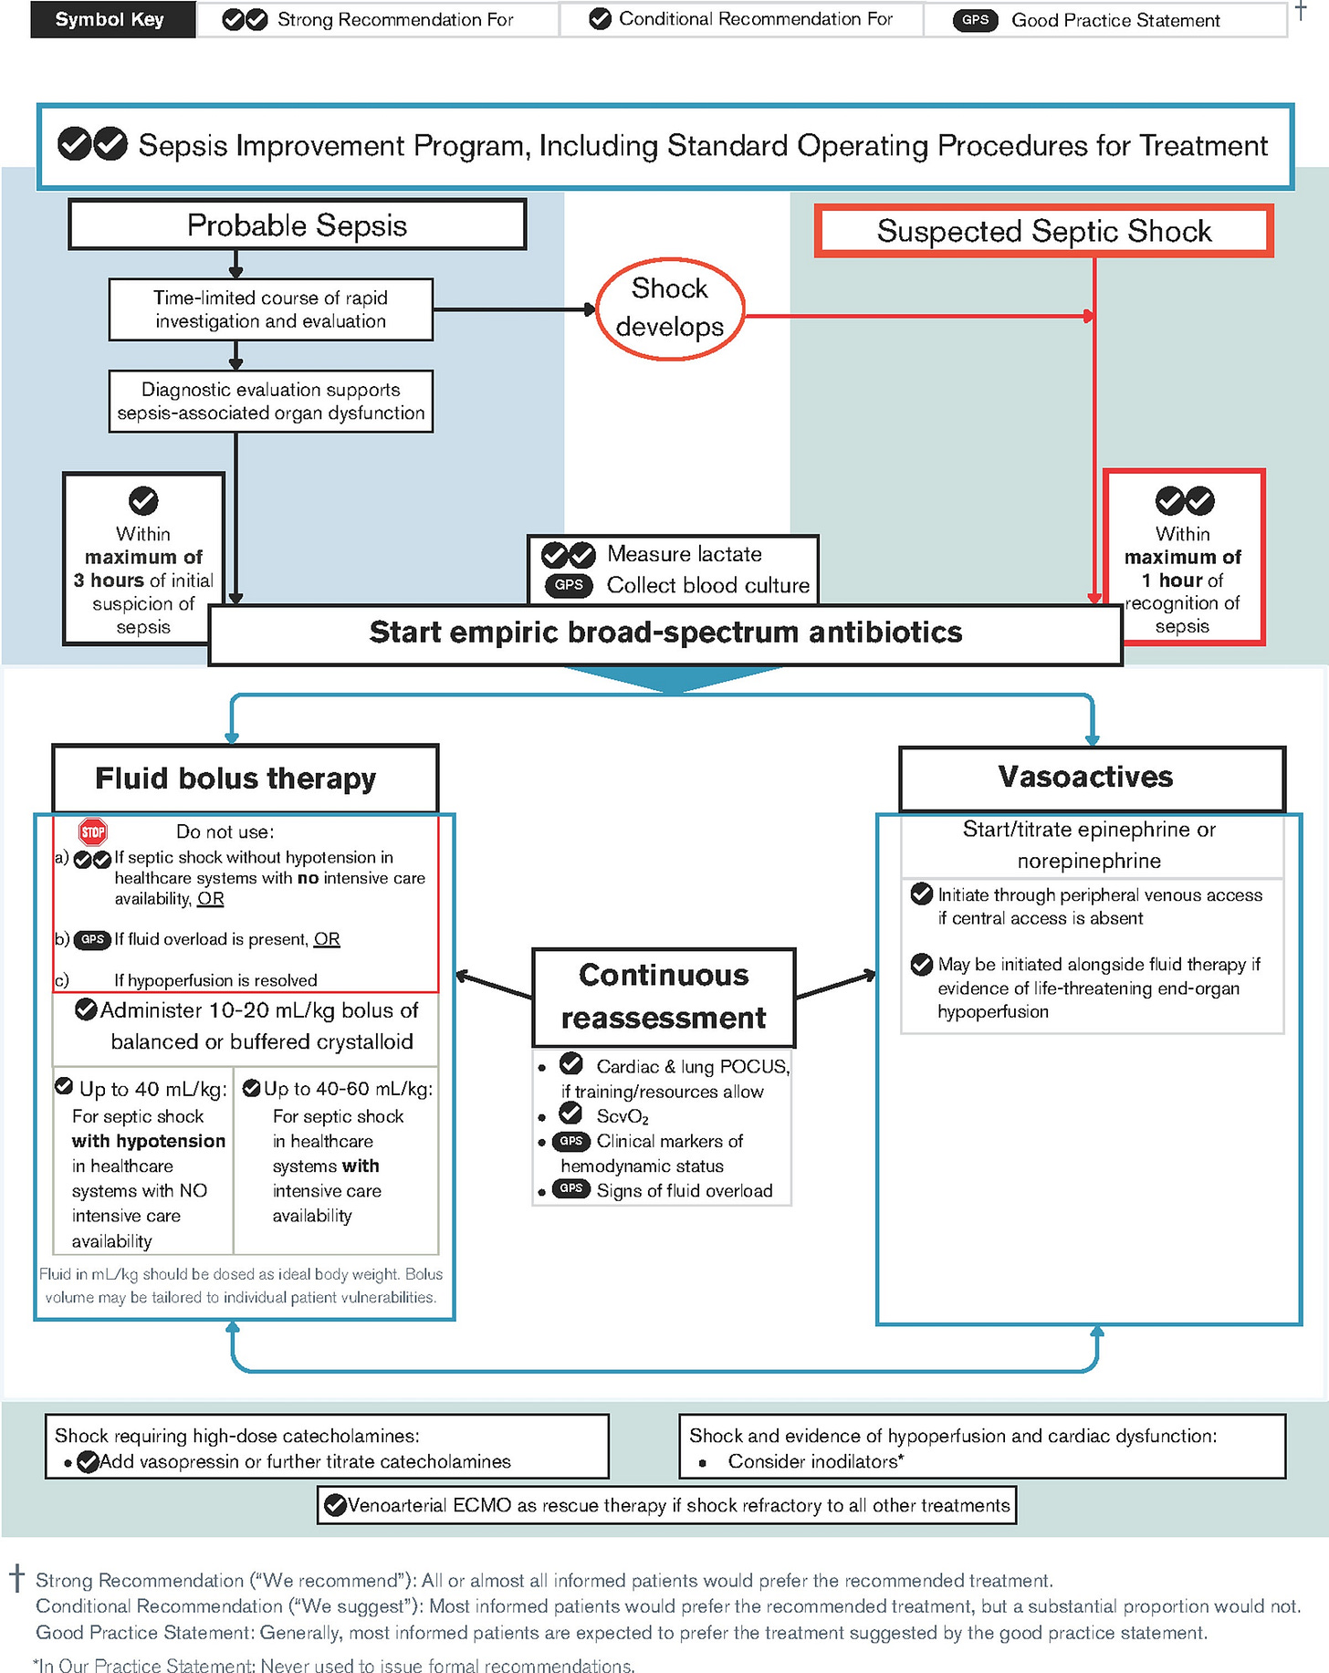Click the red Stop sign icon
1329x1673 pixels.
tap(93, 831)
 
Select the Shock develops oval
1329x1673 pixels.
tap(670, 308)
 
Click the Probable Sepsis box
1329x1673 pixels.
tap(297, 225)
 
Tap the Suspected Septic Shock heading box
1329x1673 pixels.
tap(1043, 231)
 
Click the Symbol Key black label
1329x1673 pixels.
tap(110, 19)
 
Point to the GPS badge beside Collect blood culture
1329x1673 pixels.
tap(569, 585)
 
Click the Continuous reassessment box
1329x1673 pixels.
tap(664, 997)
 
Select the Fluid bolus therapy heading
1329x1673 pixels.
tap(235, 778)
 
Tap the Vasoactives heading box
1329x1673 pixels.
tap(1085, 777)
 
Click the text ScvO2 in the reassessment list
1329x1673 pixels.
tap(623, 1116)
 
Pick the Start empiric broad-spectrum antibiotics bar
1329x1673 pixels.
tap(665, 633)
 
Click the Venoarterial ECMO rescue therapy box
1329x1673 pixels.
tap(667, 1505)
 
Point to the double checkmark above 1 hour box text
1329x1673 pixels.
tap(1185, 500)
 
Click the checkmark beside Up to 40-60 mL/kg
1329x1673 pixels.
tap(251, 1088)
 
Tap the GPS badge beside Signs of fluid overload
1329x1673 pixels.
tap(571, 1188)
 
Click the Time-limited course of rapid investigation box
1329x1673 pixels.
tap(270, 309)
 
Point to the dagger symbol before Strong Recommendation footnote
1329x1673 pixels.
tap(16, 1577)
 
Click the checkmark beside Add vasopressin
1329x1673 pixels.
tap(88, 1462)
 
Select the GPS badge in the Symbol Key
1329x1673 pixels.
tap(975, 20)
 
